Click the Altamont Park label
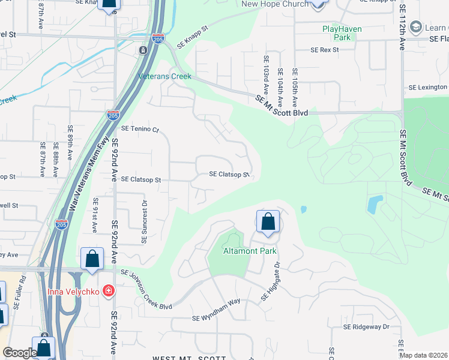click(250, 251)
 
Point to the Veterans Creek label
click(164, 76)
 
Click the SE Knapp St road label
click(192, 37)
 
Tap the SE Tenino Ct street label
click(139, 129)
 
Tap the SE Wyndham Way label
click(215, 317)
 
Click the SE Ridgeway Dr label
click(366, 327)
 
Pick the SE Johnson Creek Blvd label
click(146, 290)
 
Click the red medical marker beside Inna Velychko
click(108, 292)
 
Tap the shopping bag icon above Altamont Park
click(268, 221)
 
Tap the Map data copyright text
click(423, 355)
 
